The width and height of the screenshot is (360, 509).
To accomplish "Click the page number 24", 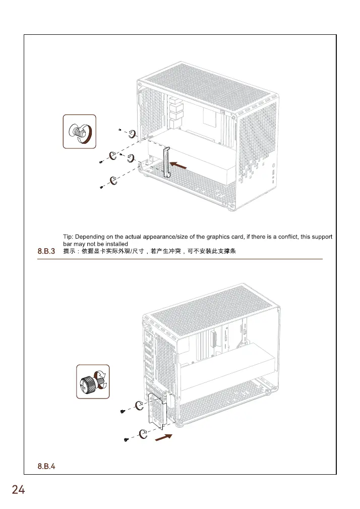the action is [18, 490].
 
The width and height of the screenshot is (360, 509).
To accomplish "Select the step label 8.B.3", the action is [46, 251].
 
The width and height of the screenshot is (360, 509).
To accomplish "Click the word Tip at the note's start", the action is [68, 237].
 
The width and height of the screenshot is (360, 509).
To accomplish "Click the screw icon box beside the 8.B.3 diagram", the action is [79, 132].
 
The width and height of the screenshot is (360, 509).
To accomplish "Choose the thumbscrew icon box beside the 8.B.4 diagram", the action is [93, 381].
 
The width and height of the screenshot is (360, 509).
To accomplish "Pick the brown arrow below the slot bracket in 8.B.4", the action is [163, 437].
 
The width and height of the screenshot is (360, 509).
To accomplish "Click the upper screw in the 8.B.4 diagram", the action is [123, 412].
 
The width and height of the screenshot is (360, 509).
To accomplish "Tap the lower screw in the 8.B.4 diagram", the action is [126, 440].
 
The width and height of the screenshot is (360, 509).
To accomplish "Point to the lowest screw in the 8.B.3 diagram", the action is [101, 187].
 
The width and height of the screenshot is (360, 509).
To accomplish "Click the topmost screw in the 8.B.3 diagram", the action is [119, 129].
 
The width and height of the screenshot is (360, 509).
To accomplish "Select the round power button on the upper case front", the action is [273, 166].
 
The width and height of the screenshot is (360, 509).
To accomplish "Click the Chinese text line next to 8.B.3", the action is [150, 251].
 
